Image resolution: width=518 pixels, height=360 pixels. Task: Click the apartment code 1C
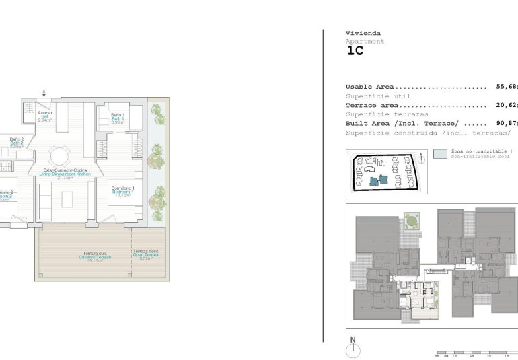(x=355, y=50)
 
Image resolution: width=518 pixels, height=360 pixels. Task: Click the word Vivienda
(x=363, y=33)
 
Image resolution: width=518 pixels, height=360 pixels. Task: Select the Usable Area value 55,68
(x=507, y=87)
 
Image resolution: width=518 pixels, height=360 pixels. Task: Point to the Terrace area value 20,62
(x=507, y=105)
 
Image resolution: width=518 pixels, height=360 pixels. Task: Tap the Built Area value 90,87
(x=507, y=124)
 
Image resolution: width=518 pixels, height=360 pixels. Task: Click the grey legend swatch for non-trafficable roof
(x=440, y=154)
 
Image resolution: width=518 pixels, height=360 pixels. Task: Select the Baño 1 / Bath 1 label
(x=118, y=118)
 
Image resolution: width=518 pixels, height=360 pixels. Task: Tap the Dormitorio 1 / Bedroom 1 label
(x=124, y=191)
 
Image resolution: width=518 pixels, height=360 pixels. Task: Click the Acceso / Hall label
(x=45, y=116)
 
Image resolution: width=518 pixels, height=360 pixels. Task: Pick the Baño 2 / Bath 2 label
(x=17, y=143)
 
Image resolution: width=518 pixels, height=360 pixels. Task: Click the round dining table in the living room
(x=61, y=156)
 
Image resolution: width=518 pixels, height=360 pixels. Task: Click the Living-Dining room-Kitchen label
(x=65, y=173)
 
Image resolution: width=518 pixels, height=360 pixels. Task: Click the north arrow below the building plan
(x=352, y=348)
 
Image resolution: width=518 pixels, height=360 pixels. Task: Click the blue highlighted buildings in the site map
(x=377, y=180)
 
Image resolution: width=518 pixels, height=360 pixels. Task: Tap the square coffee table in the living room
(x=67, y=199)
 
